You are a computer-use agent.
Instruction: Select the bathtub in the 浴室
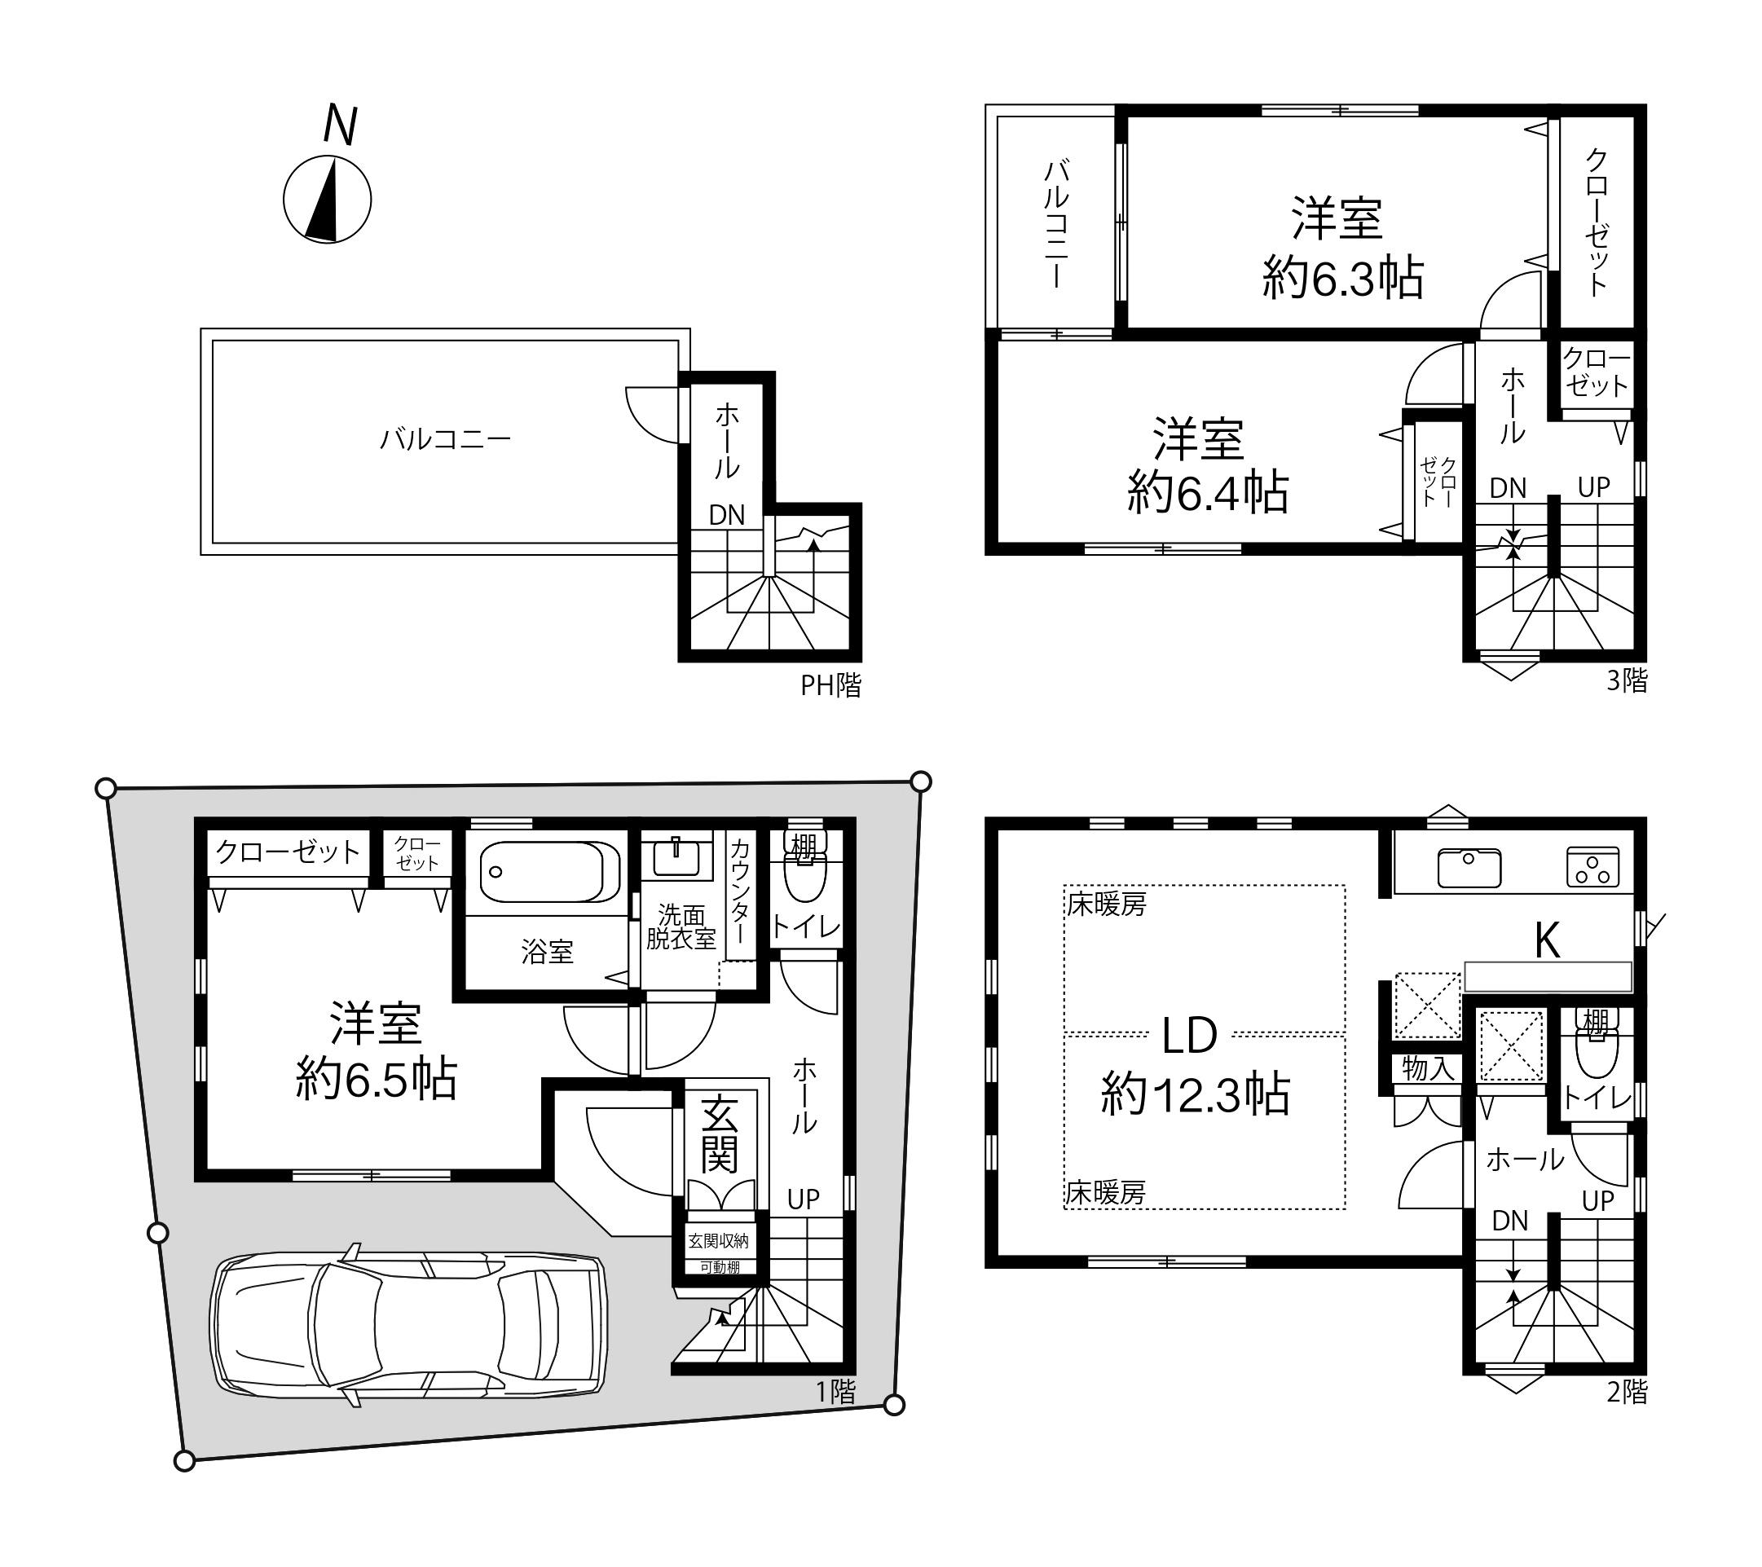point(548,871)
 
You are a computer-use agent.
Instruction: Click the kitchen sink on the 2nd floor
point(1469,867)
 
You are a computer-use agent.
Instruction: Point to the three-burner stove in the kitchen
point(1592,867)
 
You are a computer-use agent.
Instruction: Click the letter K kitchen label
point(1548,940)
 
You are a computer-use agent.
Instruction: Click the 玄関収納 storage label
point(718,1240)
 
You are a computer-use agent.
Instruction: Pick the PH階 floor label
point(830,685)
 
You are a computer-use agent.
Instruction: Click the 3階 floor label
point(1627,681)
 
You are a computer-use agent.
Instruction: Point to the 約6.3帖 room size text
point(1342,278)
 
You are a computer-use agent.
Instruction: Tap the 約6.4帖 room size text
point(1208,493)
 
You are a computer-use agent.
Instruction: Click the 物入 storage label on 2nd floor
point(1428,1069)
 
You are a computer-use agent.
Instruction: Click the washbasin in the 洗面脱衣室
point(676,856)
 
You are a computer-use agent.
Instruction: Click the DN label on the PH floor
point(727,516)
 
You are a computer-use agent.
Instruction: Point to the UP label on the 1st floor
point(804,1199)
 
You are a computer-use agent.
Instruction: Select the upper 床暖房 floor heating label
point(1107,905)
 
